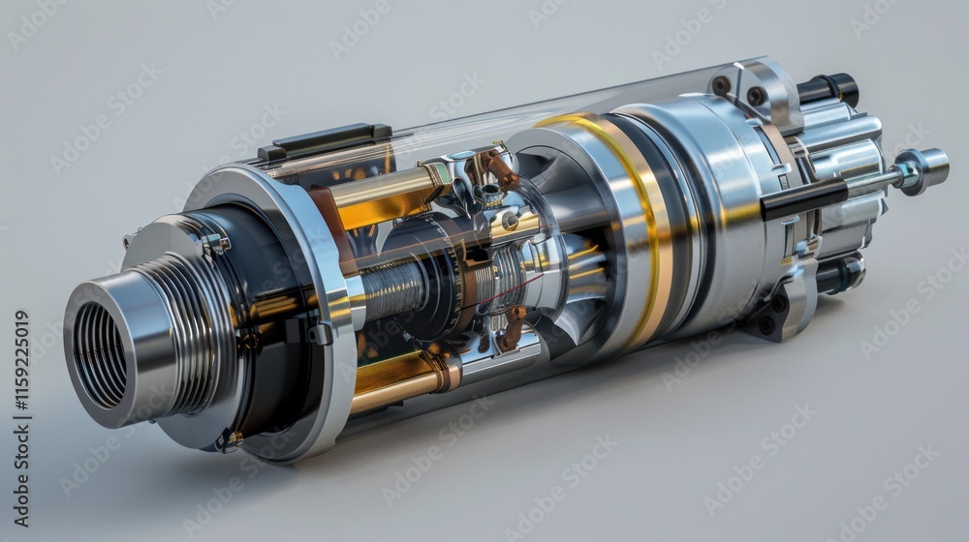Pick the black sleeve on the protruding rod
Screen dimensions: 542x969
(x=803, y=198)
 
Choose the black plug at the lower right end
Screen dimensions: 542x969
(x=839, y=275)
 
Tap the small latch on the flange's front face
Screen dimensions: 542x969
(x=215, y=244)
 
